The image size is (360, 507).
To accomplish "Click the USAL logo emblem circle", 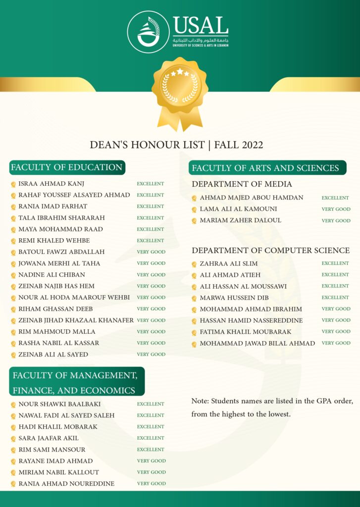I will (148, 32).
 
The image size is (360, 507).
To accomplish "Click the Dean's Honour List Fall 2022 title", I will (176, 145).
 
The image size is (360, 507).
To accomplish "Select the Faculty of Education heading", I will (67, 167).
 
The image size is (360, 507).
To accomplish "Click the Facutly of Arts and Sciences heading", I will (266, 168).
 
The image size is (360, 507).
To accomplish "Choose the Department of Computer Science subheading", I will (271, 250).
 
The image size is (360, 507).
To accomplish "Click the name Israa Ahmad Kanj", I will (51, 184).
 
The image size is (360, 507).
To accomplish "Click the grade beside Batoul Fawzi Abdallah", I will (151, 252).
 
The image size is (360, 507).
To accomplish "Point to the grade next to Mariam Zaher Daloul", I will (336, 221).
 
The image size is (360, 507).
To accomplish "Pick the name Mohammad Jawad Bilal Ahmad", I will (257, 343).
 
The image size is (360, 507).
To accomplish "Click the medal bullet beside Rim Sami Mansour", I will (13, 450).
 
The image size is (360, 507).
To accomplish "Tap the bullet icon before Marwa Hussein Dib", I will (194, 298).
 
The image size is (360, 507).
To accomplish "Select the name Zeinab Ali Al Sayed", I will (53, 355).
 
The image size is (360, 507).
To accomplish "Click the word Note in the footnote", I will (200, 401).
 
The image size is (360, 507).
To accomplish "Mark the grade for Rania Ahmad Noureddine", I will (151, 484).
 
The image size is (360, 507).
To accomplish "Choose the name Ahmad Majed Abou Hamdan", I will (252, 198).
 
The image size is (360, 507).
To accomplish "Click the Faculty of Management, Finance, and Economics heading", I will (77, 382).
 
